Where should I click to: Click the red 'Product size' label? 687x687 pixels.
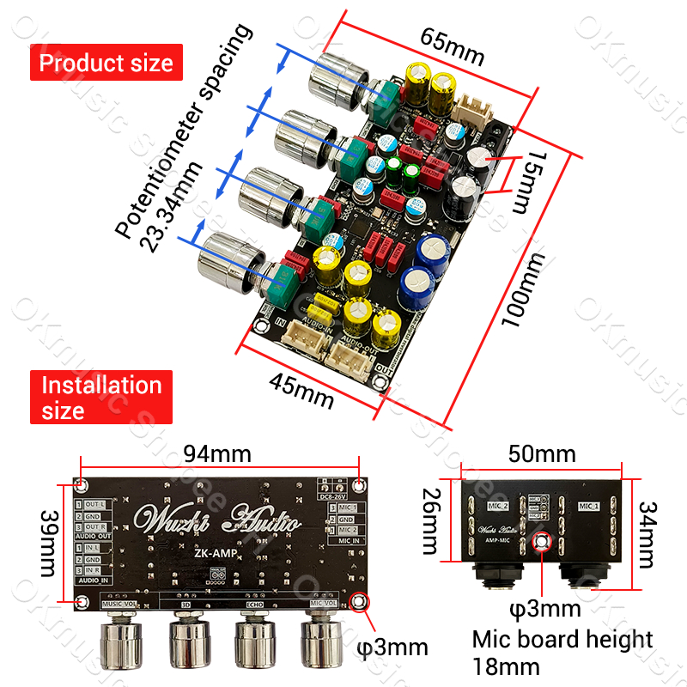point(106,63)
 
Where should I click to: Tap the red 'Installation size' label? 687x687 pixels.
point(101,398)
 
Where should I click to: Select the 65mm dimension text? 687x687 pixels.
point(452,47)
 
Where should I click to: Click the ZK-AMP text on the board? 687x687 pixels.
point(211,556)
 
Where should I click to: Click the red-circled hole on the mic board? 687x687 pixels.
point(543,543)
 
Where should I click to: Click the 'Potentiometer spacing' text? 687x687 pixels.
point(185,129)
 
